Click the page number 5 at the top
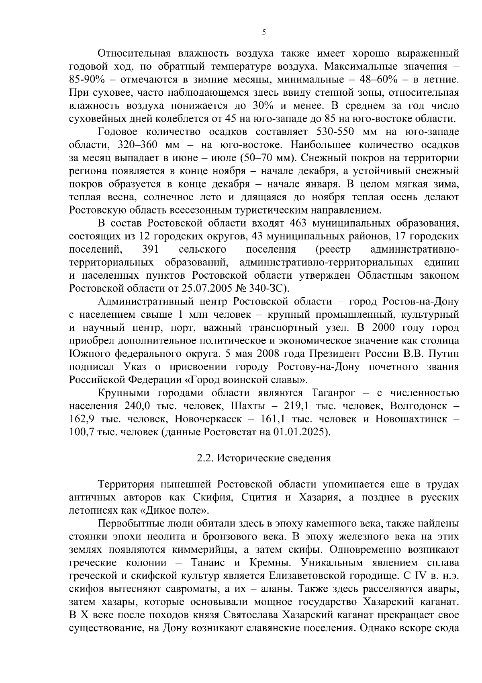point(263,33)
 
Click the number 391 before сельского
point(151,249)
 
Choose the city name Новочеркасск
point(208,419)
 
